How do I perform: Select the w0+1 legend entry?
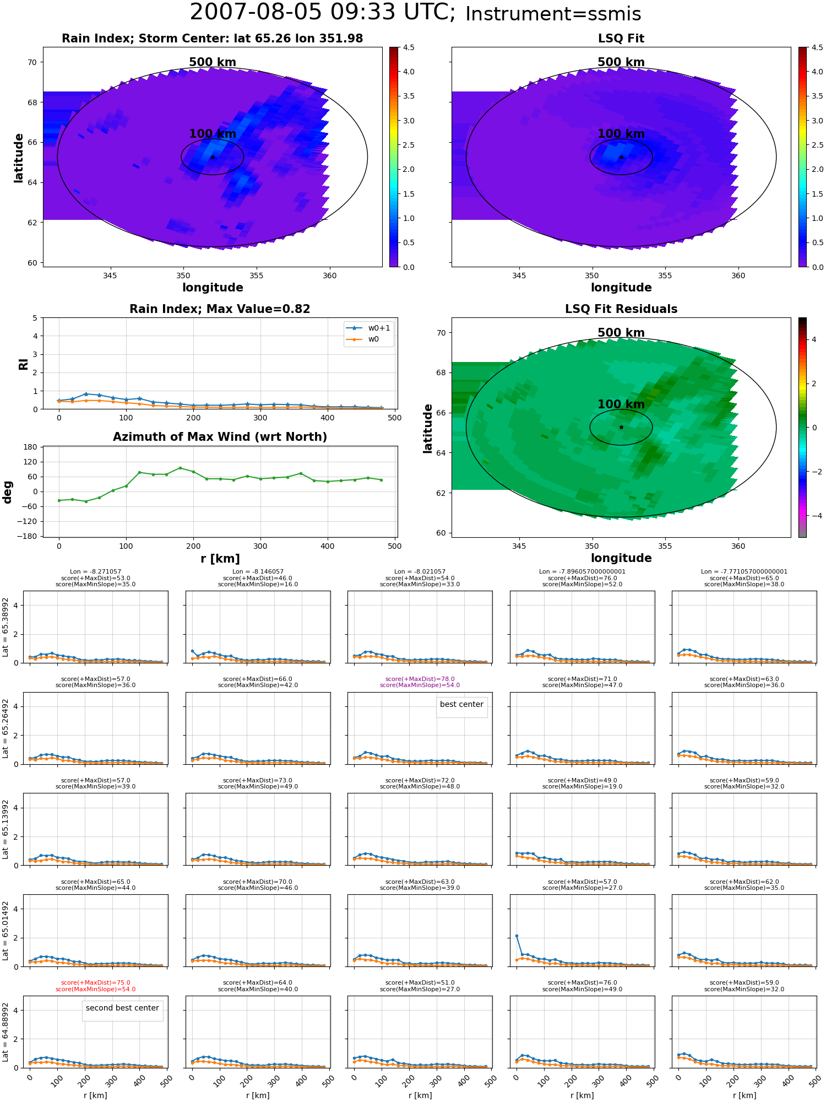[369, 328]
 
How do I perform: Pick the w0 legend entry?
[369, 339]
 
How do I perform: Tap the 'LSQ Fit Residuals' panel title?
[621, 309]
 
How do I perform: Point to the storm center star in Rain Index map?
[213, 157]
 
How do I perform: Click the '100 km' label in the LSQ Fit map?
[621, 134]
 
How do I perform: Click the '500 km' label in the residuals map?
[621, 333]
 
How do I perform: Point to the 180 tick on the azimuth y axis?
[30, 447]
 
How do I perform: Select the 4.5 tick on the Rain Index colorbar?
[408, 48]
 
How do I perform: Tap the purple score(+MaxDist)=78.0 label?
[420, 679]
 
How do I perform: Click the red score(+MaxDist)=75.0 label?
[95, 983]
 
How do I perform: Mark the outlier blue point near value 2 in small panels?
[517, 936]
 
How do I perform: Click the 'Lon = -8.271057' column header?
[95, 572]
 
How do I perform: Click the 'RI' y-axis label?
[24, 364]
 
